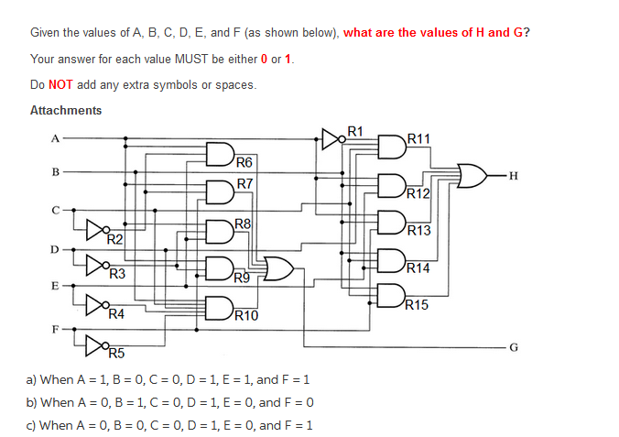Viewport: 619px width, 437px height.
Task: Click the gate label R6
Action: click(x=244, y=163)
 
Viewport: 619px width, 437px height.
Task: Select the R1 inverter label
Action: click(x=356, y=130)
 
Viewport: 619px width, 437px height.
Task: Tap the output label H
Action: click(x=513, y=175)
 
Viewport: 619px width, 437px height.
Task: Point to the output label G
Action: click(x=513, y=348)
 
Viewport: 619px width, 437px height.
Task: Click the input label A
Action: click(x=54, y=139)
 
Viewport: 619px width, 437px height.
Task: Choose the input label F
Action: click(x=54, y=327)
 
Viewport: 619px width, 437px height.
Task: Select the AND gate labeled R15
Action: click(x=388, y=295)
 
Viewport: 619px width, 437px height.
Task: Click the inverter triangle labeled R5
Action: click(x=94, y=344)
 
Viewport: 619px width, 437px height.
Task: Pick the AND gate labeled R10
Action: click(x=219, y=307)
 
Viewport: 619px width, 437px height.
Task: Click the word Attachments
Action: click(x=66, y=111)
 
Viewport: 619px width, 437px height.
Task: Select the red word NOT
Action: click(x=60, y=85)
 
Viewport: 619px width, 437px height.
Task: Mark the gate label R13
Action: click(x=418, y=230)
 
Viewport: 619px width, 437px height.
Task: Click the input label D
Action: click(x=54, y=249)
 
